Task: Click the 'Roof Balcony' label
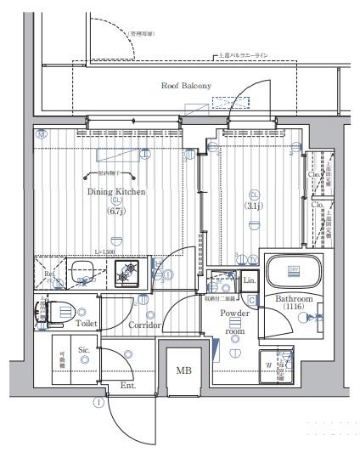pos(185,86)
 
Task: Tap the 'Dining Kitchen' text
pos(116,192)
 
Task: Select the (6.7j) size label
pos(115,212)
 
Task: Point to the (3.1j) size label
pos(253,205)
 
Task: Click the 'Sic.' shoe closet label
pos(85,348)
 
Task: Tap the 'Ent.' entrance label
pos(128,385)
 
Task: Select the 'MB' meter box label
pos(183,370)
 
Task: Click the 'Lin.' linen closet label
pos(250,280)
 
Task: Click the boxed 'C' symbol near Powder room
pos(252,299)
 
